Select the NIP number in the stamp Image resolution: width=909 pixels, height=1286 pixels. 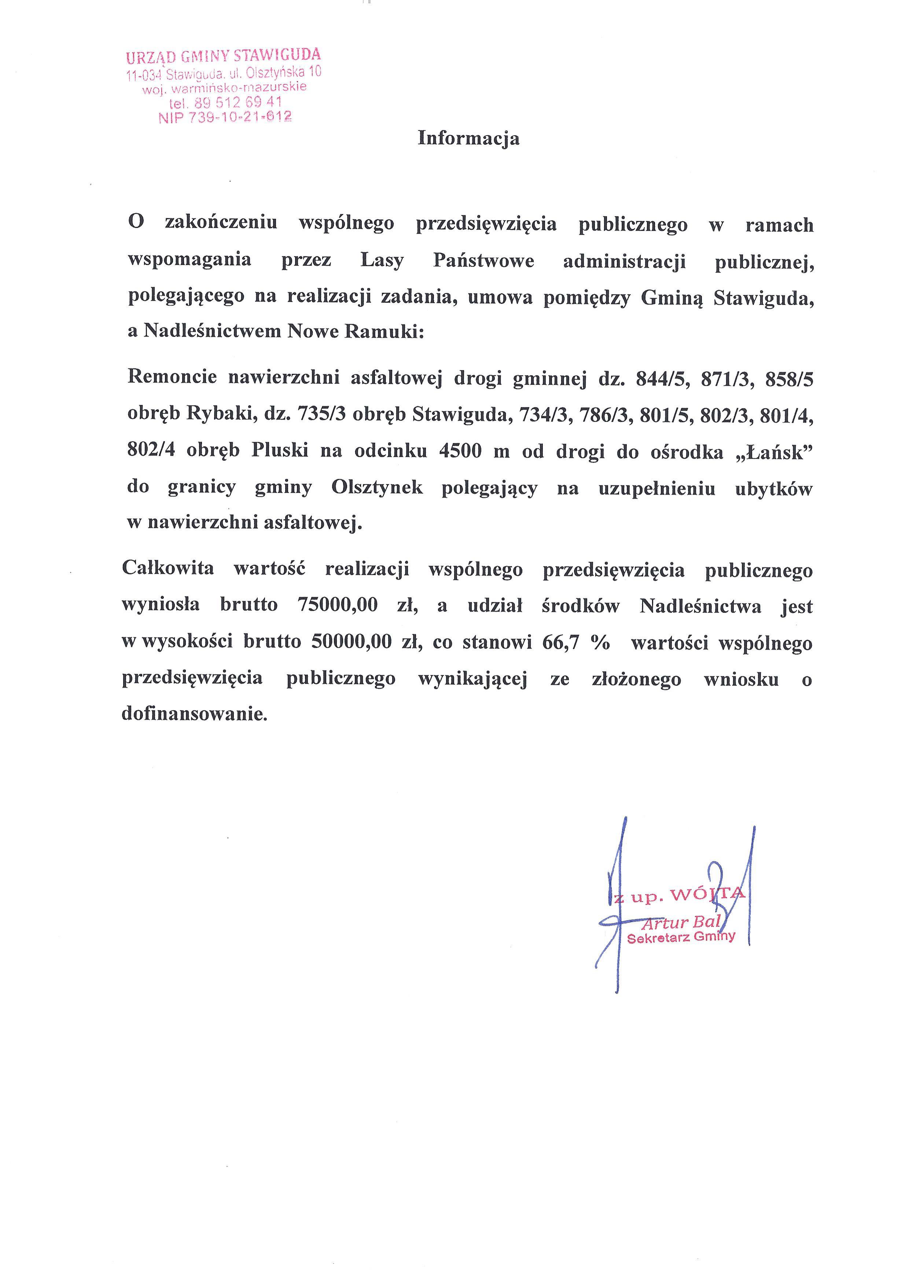(225, 117)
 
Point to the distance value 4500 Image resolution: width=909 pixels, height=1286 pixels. (460, 451)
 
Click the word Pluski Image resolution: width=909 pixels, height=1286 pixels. (279, 451)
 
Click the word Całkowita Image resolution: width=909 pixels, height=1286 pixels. (168, 569)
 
